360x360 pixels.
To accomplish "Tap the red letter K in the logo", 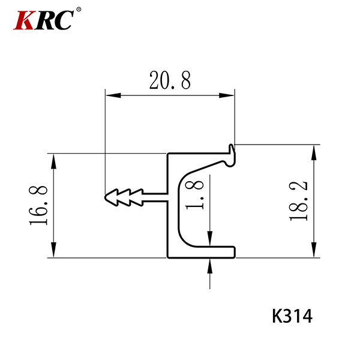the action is [x=25, y=20].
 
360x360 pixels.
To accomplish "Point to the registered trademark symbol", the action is [x=79, y=10].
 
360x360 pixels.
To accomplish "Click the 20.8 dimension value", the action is [x=170, y=80].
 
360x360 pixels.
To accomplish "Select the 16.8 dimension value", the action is [x=38, y=205].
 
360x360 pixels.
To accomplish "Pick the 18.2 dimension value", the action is [x=298, y=201].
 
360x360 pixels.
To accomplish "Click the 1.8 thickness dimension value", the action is [x=194, y=195].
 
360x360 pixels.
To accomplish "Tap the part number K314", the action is [x=292, y=316].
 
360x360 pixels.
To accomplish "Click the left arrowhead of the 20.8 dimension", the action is [x=113, y=95].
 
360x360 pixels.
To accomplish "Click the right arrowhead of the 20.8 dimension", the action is [x=227, y=95].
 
